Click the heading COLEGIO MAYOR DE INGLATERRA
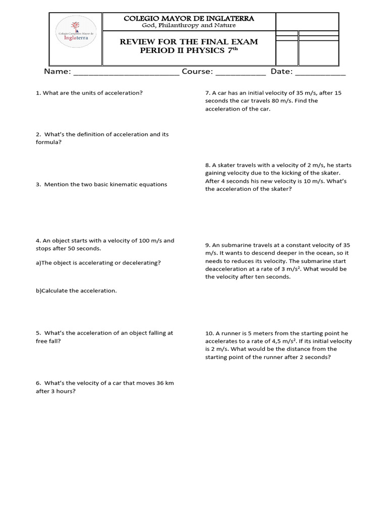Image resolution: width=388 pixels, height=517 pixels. pyautogui.click(x=189, y=18)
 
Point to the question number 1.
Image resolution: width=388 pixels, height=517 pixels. pyautogui.click(x=38, y=93)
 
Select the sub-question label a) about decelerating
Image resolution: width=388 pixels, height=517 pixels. pyautogui.click(x=38, y=263)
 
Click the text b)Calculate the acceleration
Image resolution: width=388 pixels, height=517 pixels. pyautogui.click(x=76, y=291)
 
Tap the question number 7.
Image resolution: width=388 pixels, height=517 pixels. pyautogui.click(x=208, y=93)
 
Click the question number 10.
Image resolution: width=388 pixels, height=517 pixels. pyautogui.click(x=209, y=333)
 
